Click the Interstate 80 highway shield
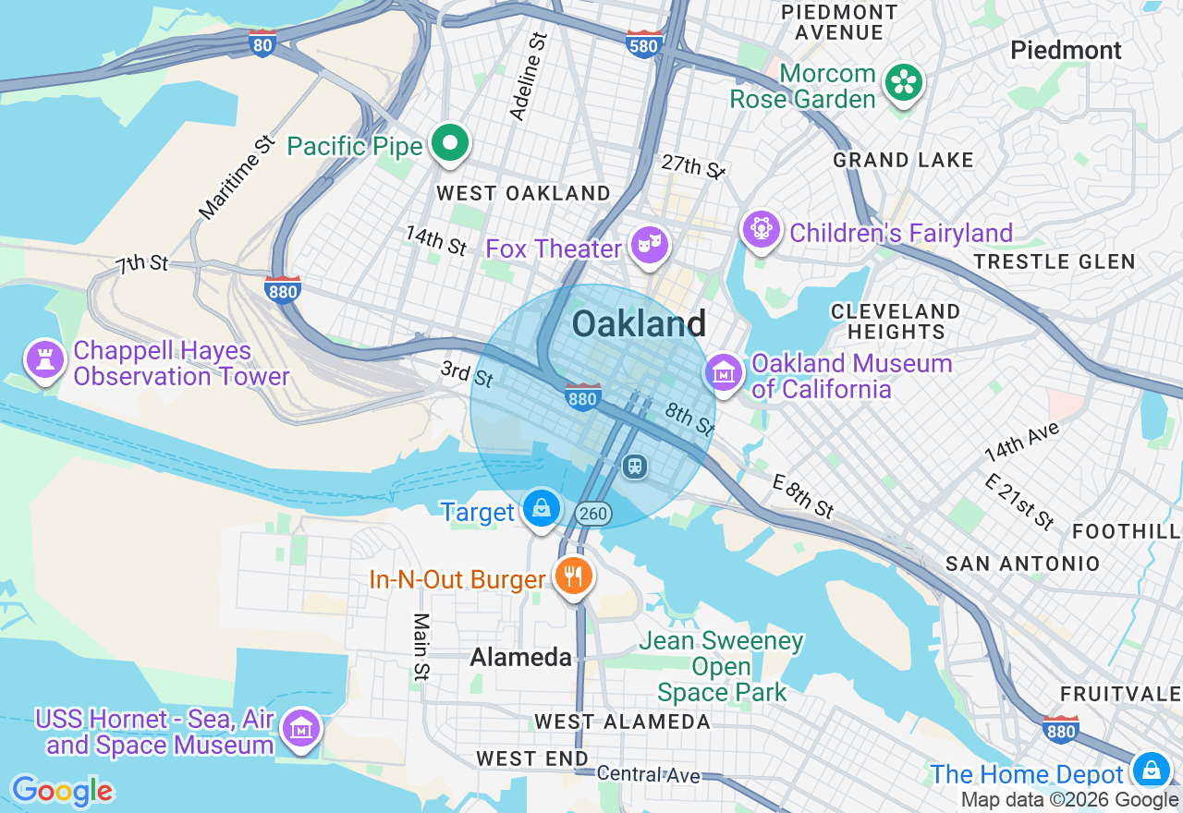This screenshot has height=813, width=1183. click(x=262, y=42)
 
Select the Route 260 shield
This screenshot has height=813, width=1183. click(x=592, y=513)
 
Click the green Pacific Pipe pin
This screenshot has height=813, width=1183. click(x=450, y=144)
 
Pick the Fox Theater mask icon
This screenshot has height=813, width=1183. click(x=651, y=246)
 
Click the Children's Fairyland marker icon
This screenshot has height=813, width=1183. click(x=762, y=229)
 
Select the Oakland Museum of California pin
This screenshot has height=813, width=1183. click(x=725, y=373)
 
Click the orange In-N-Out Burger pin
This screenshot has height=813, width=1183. click(x=574, y=577)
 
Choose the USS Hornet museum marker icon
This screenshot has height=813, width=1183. click(x=301, y=729)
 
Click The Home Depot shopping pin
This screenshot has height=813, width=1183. click(x=1151, y=770)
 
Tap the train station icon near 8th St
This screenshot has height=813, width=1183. click(x=635, y=466)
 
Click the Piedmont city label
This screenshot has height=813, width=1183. click(x=1066, y=50)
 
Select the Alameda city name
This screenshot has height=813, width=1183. click(x=520, y=657)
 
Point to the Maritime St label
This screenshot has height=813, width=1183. click(x=238, y=177)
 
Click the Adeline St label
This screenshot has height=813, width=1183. click(x=529, y=76)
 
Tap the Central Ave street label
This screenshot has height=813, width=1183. click(x=648, y=774)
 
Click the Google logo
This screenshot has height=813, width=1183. click(x=62, y=792)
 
